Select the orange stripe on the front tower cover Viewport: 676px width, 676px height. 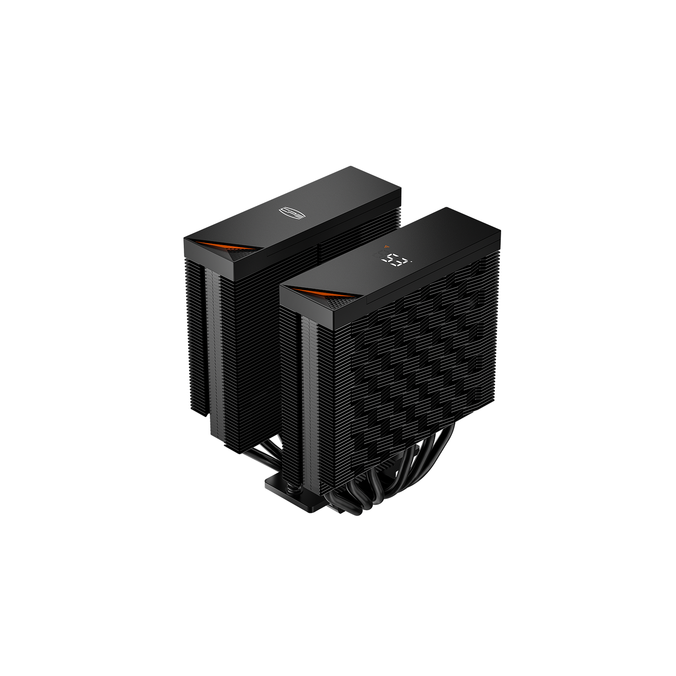tap(315, 293)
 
